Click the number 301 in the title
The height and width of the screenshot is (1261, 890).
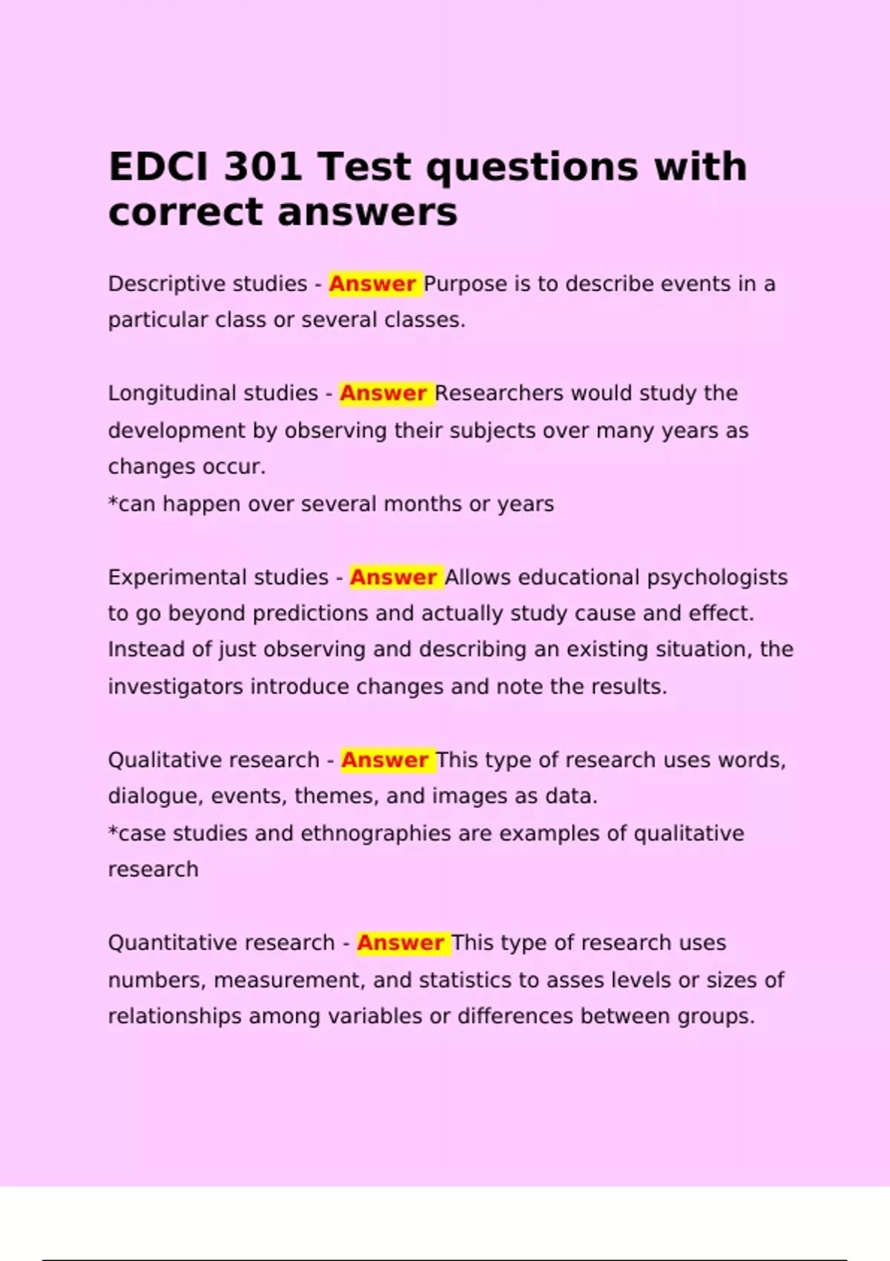point(263,166)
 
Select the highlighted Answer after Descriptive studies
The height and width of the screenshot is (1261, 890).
point(372,284)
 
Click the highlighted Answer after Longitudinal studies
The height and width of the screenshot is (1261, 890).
point(383,393)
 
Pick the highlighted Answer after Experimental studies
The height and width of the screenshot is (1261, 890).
point(393,577)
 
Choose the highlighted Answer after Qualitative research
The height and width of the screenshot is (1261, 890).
point(385,760)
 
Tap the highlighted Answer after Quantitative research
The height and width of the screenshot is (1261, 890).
point(400,943)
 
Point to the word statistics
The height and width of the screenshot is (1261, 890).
point(466,980)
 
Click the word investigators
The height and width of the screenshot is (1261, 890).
point(175,687)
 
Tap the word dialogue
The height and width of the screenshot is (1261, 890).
point(154,797)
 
